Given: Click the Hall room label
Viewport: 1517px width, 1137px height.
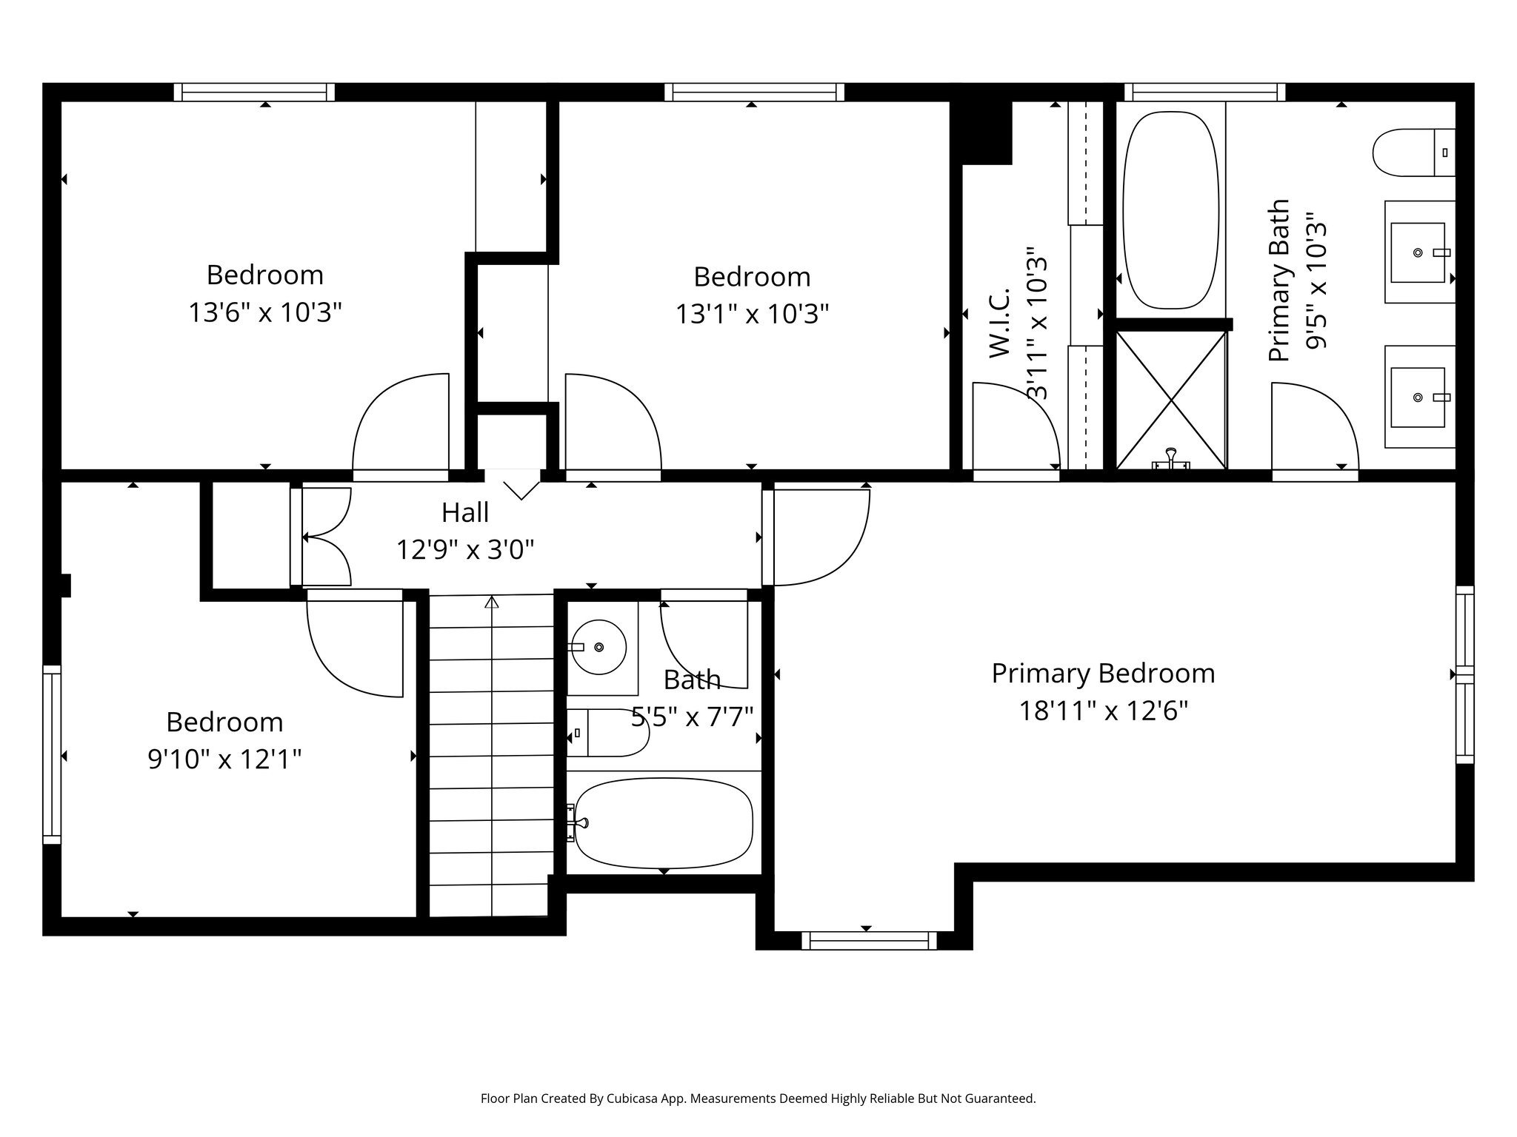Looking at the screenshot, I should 465,512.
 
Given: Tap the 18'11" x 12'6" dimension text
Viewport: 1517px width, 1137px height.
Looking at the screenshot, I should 1103,711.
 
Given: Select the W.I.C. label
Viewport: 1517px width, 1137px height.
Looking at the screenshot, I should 1000,324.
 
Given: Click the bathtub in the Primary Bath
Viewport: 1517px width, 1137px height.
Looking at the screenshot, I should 1170,210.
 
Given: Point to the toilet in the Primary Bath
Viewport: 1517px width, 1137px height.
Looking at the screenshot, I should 1412,152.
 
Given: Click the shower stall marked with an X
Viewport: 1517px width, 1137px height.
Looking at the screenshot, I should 1171,400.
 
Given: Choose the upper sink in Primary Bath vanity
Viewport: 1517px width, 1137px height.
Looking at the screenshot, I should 1417,252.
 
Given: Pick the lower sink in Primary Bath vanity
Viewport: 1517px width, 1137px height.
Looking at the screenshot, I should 1417,398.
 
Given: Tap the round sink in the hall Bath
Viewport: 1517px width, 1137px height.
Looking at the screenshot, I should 599,647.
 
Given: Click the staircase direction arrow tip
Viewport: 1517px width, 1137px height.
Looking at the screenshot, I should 491,601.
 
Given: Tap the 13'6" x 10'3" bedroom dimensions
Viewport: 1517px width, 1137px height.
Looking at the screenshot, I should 264,313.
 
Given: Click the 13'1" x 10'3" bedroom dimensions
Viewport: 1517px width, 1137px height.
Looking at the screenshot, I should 751,315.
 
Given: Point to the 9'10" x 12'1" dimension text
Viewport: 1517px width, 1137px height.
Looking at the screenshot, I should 224,759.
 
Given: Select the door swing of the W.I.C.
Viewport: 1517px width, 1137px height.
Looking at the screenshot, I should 1015,426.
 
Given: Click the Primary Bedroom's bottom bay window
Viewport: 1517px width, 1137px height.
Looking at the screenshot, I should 868,941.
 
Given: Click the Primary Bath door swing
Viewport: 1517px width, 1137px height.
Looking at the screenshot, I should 1315,426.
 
